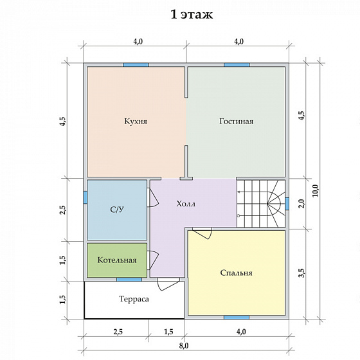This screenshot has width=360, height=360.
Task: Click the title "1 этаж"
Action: point(192,14)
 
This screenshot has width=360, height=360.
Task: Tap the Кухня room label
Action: point(136,121)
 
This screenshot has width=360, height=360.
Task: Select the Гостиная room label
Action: point(237,121)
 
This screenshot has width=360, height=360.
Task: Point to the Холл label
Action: point(186,204)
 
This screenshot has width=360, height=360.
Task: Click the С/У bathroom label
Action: point(117,210)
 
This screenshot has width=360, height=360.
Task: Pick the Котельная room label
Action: point(117,260)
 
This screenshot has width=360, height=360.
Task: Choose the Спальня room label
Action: point(237,273)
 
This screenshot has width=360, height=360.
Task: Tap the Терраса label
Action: point(134,299)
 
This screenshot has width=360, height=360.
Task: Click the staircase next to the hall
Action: point(261,203)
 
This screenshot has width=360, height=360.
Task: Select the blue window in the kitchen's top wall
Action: point(136,65)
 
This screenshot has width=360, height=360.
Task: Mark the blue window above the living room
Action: point(237,65)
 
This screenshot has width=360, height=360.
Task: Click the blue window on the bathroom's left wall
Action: point(85,197)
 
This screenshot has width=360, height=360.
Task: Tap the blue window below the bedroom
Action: point(237,318)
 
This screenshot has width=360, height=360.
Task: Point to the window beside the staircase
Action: point(287,204)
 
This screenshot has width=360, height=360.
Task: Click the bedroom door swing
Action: point(203,233)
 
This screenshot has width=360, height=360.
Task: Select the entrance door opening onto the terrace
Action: point(168,284)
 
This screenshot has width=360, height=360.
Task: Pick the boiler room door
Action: point(154,260)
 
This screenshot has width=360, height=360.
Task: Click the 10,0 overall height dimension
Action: point(315,190)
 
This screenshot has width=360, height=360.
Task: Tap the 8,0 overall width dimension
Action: point(184,346)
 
